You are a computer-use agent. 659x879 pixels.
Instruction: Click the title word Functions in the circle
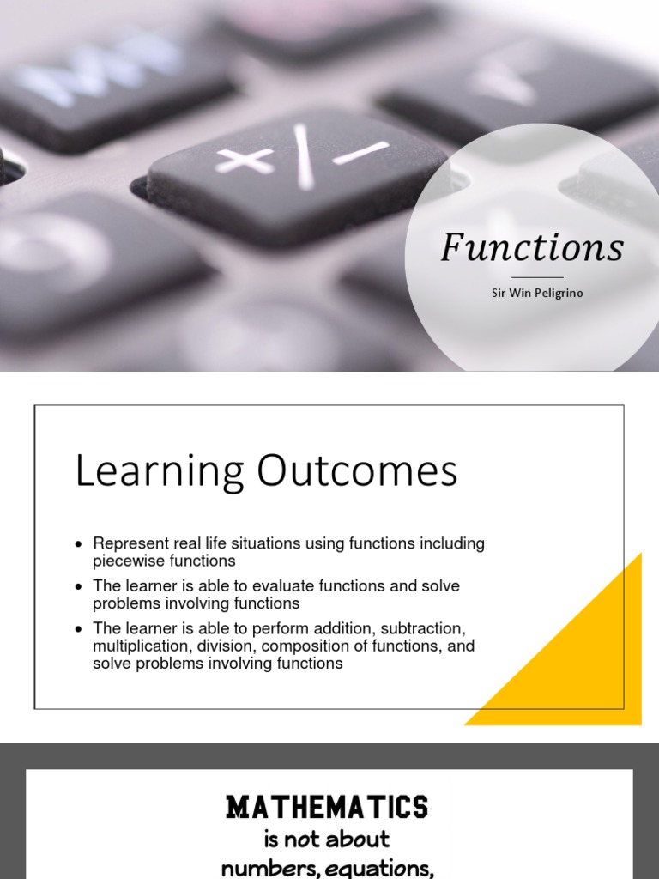click(x=532, y=248)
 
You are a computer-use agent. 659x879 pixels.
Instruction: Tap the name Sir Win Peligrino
click(x=537, y=293)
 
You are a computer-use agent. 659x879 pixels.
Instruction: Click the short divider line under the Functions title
click(x=537, y=277)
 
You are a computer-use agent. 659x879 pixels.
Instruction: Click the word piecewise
click(x=128, y=561)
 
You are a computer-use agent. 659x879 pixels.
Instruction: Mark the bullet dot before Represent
click(x=79, y=544)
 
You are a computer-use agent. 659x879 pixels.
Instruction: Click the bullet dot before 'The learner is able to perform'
click(x=79, y=629)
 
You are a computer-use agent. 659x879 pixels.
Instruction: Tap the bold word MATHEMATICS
click(x=327, y=807)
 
